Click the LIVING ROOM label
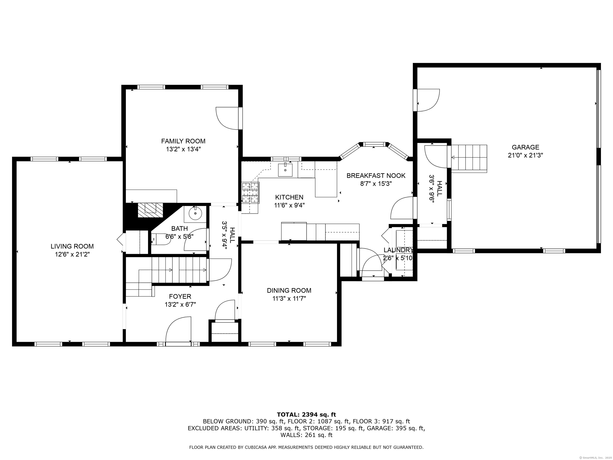click(72, 246)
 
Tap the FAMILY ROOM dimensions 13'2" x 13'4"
click(183, 149)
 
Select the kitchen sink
click(285, 170)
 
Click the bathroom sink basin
click(195, 213)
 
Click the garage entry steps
click(469, 159)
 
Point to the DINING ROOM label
click(289, 290)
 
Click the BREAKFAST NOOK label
click(376, 175)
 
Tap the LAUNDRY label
click(398, 250)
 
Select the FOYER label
click(180, 296)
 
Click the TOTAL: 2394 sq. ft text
click(306, 422)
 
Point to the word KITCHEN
click(289, 197)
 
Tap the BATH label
click(179, 228)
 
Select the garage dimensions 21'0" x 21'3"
click(525, 155)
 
